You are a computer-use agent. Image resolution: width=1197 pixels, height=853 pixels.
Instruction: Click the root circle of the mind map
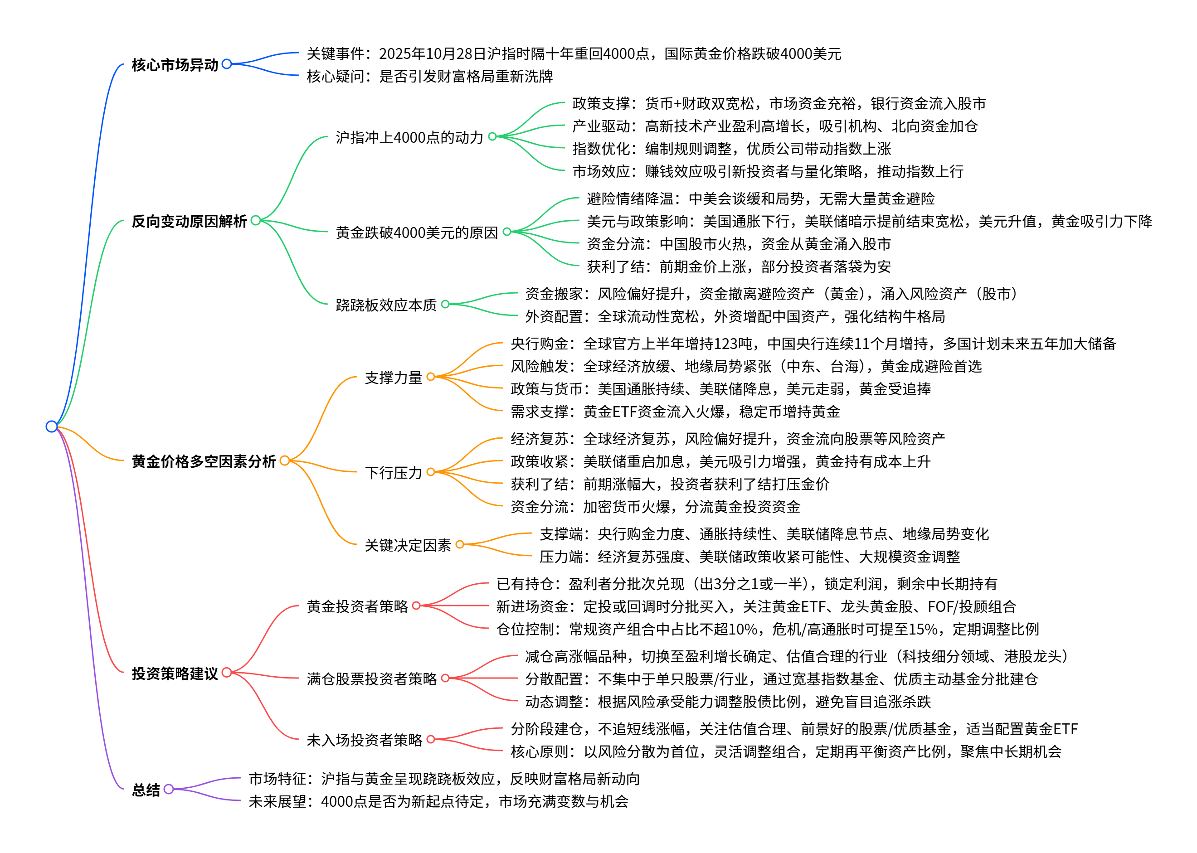coord(52,426)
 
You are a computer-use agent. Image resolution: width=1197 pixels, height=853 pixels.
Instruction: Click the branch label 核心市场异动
coord(175,65)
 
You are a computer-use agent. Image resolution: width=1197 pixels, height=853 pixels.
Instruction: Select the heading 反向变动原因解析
coord(189,221)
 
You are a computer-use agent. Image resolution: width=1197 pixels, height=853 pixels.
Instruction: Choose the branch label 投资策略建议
coord(175,673)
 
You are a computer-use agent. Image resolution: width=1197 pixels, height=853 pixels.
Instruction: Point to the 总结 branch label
coord(146,790)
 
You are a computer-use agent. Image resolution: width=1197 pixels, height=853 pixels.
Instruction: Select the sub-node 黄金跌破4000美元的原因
coord(416,232)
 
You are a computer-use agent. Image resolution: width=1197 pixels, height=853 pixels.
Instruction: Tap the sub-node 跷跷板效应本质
coord(386,305)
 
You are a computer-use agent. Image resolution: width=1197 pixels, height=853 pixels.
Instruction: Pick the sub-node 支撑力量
coord(393,377)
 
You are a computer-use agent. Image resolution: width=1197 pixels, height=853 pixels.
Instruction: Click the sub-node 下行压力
coord(393,472)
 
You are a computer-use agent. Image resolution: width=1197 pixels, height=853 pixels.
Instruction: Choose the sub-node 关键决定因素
coord(408,545)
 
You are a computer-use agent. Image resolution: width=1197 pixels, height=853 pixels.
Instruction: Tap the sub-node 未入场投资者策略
coord(364,740)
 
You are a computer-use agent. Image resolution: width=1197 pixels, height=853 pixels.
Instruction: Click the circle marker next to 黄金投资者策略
coord(416,606)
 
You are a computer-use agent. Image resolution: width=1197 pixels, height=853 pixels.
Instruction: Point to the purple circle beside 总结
coord(168,789)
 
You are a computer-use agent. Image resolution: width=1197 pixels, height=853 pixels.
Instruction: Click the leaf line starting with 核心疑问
coord(429,76)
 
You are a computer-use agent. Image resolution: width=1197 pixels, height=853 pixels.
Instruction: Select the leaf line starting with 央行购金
coord(813,344)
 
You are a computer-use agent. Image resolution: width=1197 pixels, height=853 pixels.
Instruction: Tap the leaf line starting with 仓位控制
coord(767,629)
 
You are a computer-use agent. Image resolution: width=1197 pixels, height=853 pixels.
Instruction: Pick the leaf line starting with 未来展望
coord(438,801)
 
